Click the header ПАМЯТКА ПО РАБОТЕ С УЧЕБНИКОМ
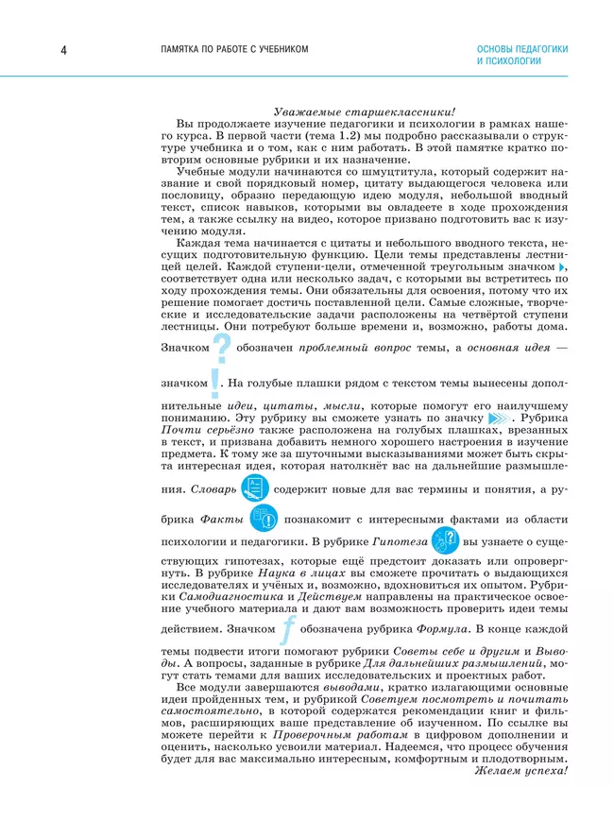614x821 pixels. pyautogui.click(x=233, y=49)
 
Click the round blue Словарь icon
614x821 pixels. pyautogui.click(x=254, y=488)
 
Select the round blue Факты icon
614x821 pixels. pyautogui.click(x=264, y=519)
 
